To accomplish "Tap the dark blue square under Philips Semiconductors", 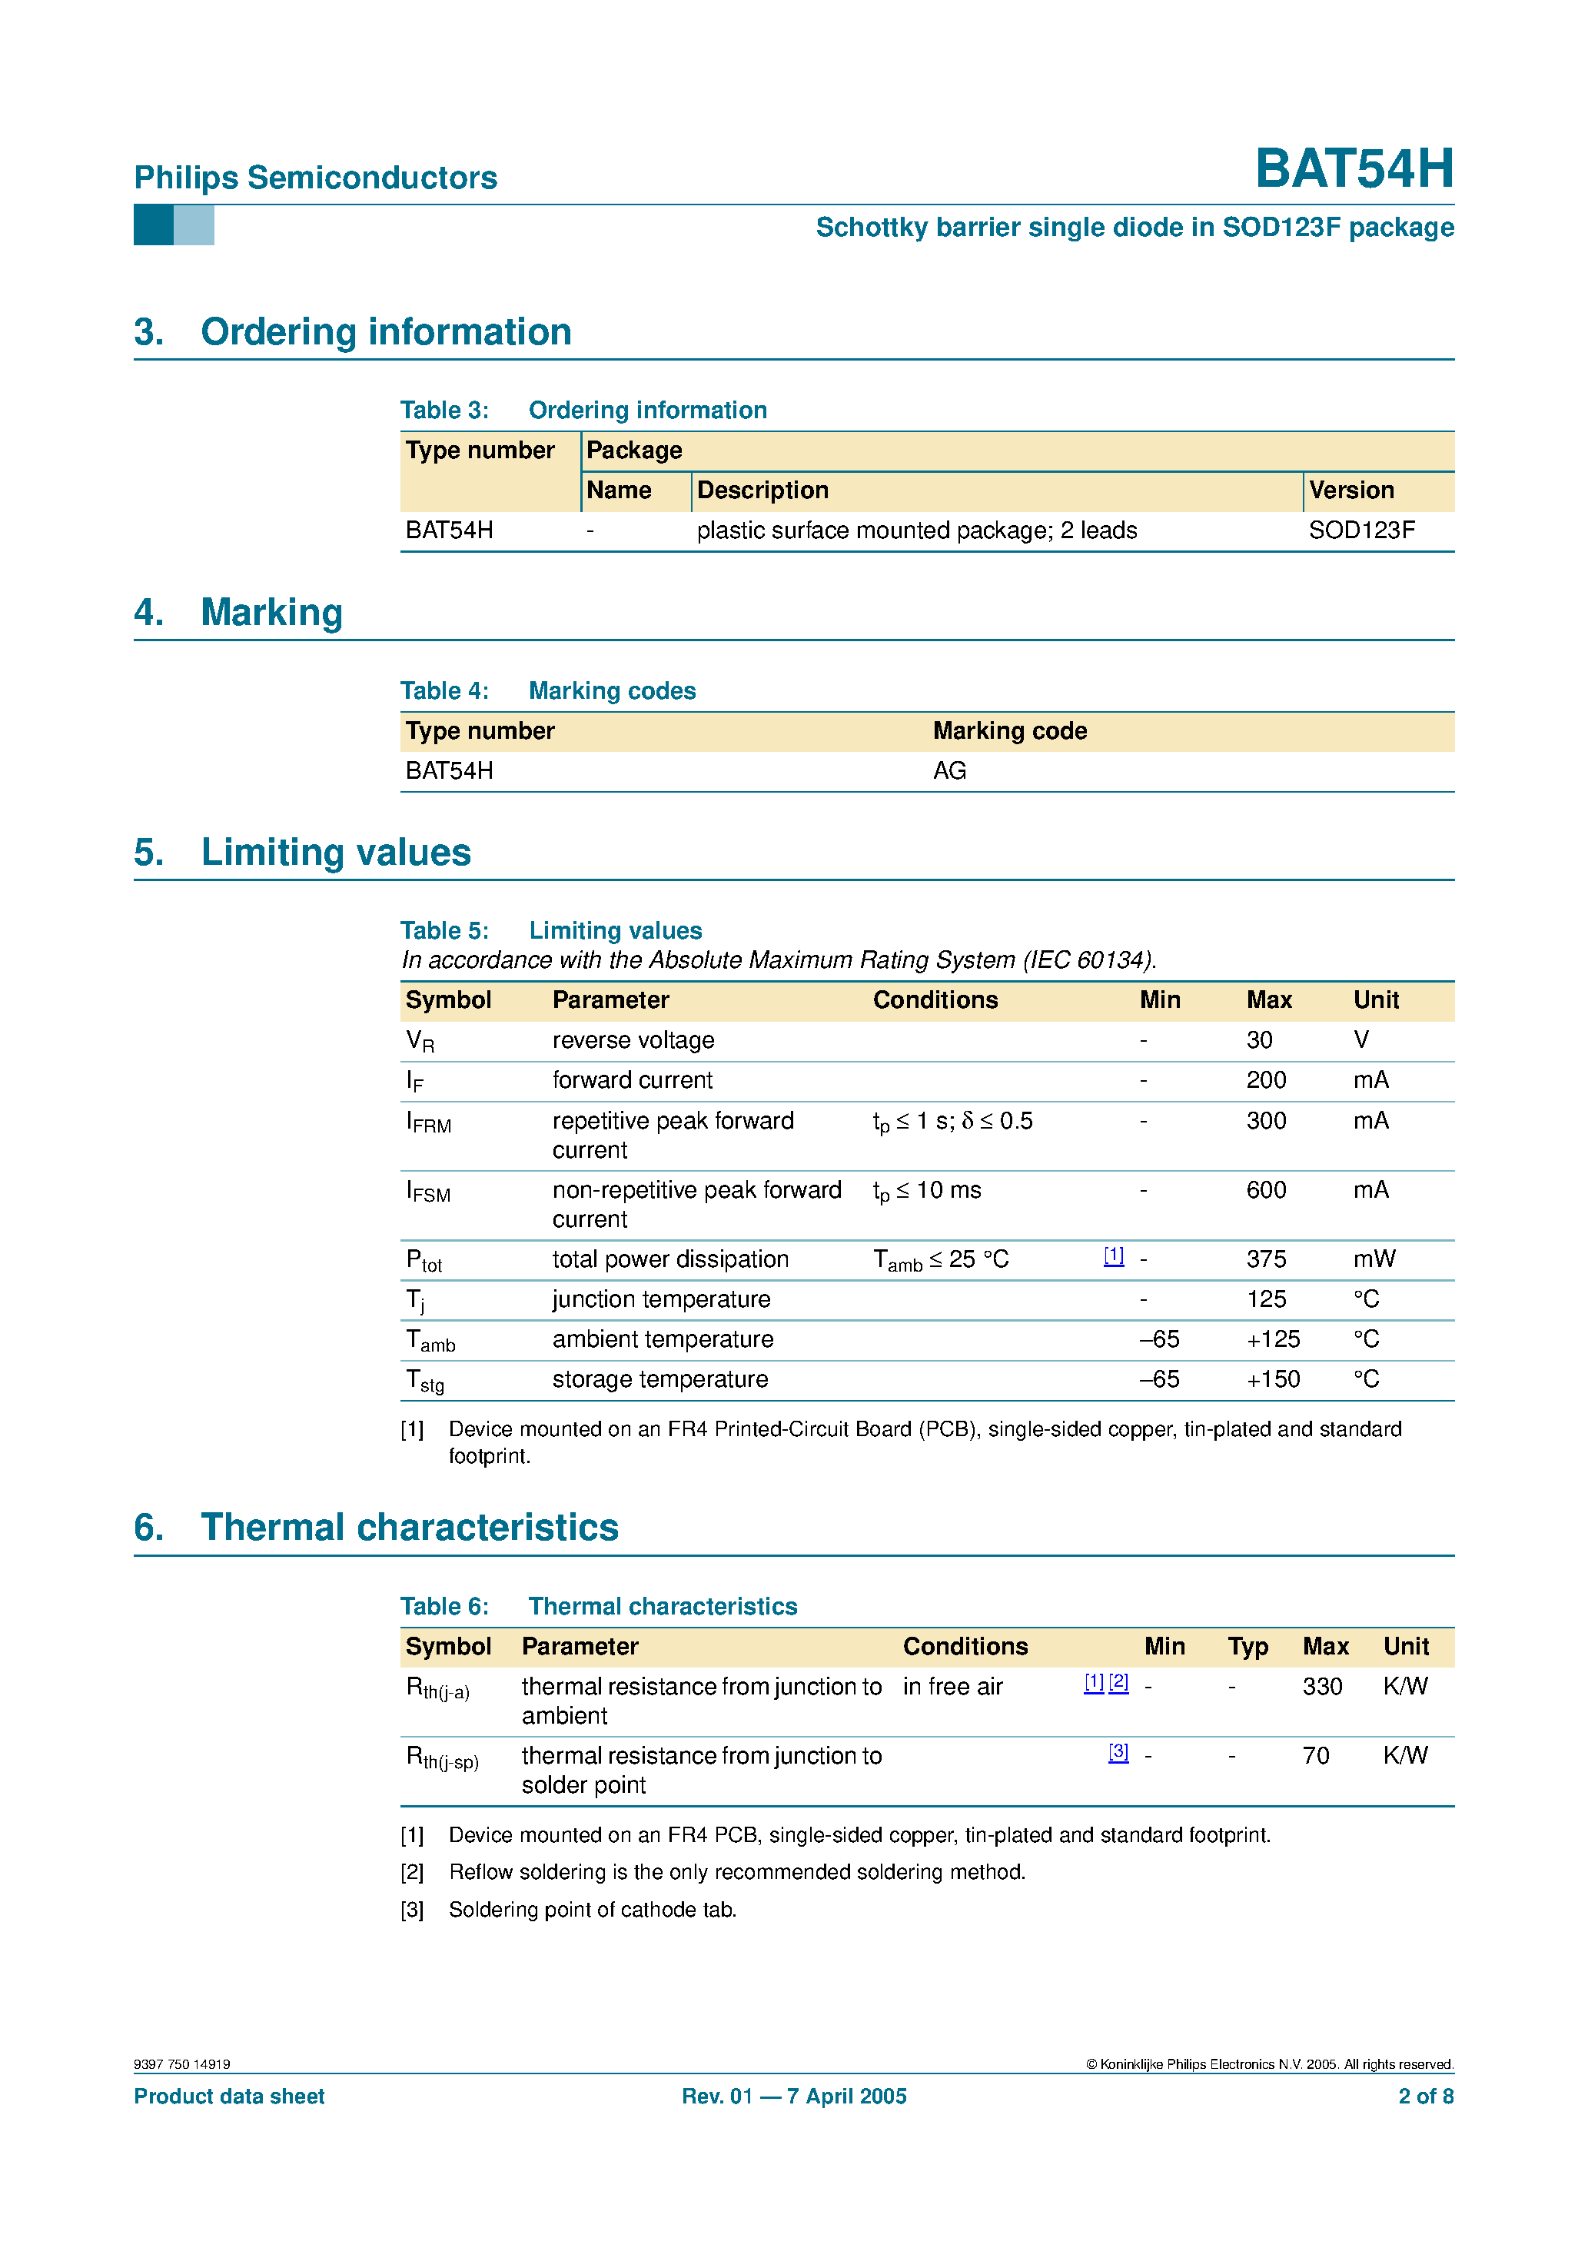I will pyautogui.click(x=154, y=224).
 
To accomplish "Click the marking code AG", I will pyautogui.click(x=948, y=770).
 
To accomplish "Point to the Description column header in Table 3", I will pyautogui.click(x=762, y=490).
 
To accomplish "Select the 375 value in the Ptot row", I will pyautogui.click(x=1265, y=1259).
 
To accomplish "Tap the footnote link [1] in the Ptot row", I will pyautogui.click(x=1113, y=1255).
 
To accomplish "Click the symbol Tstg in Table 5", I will pyautogui.click(x=425, y=1381).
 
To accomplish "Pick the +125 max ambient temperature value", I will pyautogui.click(x=1273, y=1338).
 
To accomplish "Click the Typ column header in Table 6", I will pyautogui.click(x=1247, y=1646).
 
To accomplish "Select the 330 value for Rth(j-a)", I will pyautogui.click(x=1322, y=1686).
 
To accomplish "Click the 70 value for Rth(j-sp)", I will pyautogui.click(x=1315, y=1755).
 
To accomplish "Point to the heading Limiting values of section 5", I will pyautogui.click(x=335, y=852).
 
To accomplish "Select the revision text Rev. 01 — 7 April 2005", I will pyautogui.click(x=794, y=2097).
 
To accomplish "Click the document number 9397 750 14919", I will pyautogui.click(x=182, y=2064).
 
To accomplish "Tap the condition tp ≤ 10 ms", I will pyautogui.click(x=926, y=1191).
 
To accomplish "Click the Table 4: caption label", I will pyautogui.click(x=444, y=690).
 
